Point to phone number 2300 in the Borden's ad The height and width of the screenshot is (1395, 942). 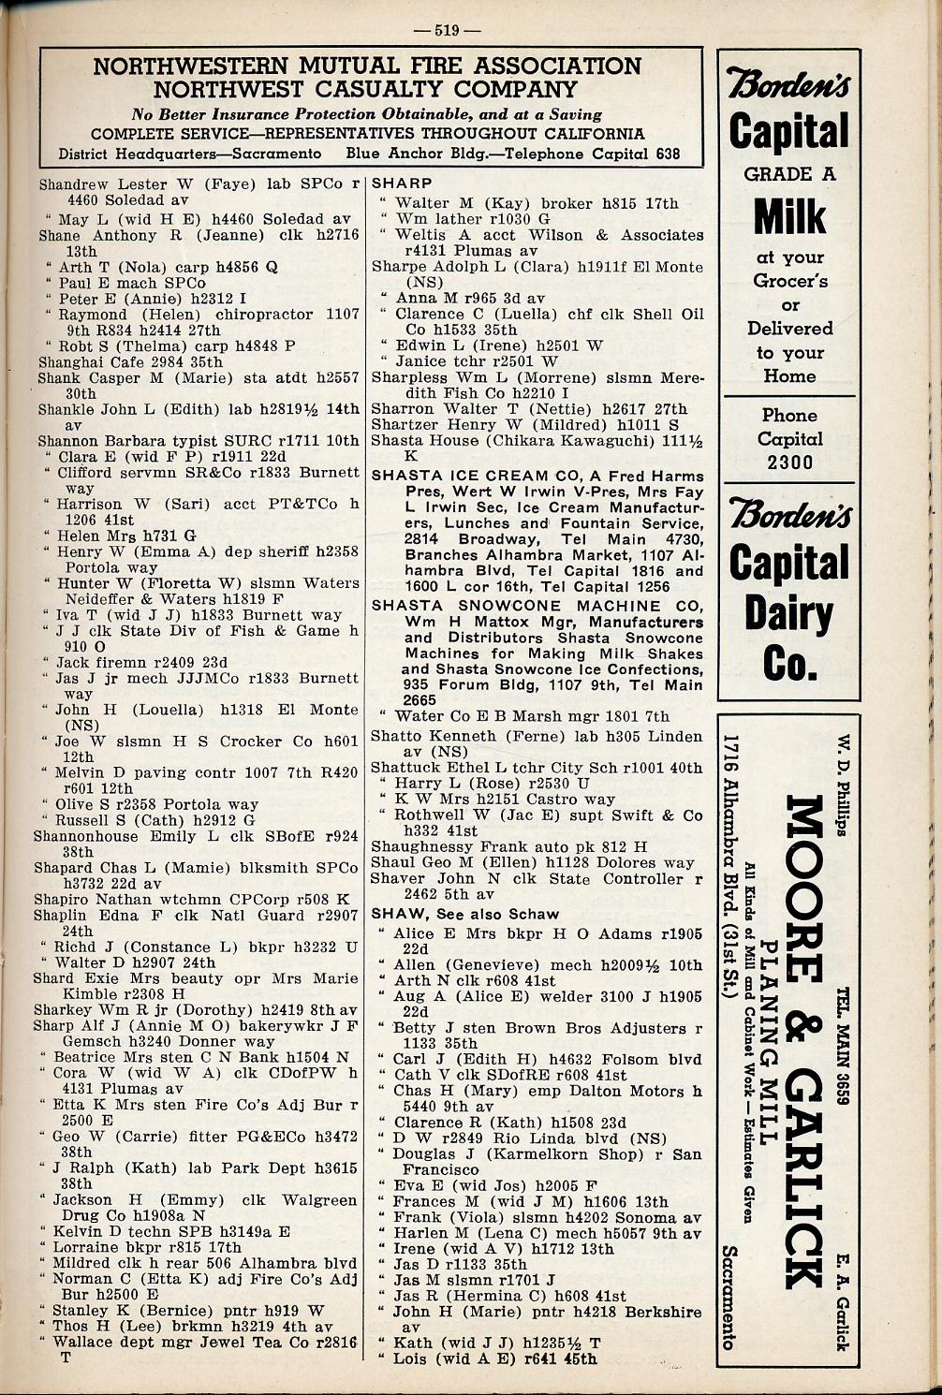pyautogui.click(x=790, y=462)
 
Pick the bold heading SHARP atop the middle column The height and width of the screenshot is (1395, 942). pyautogui.click(x=402, y=184)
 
